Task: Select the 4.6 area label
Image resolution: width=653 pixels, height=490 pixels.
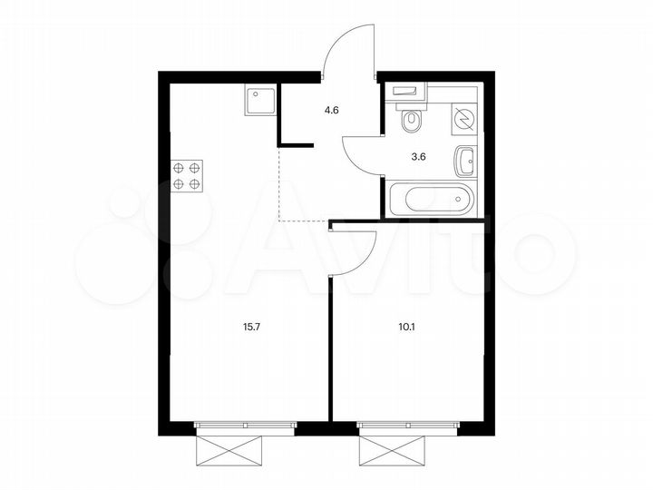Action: pos(332,111)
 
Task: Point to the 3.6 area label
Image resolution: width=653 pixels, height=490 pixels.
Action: pos(419,155)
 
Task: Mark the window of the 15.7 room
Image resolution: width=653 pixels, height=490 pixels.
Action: pos(244,425)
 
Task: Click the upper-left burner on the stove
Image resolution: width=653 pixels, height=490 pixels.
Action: pos(180,167)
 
